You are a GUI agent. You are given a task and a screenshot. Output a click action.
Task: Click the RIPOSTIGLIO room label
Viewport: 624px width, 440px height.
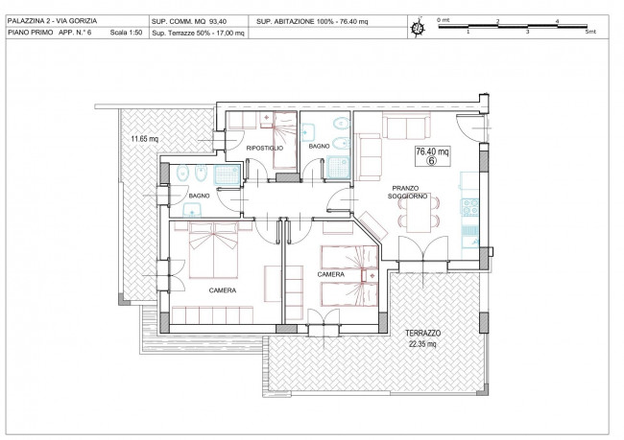pos(265,149)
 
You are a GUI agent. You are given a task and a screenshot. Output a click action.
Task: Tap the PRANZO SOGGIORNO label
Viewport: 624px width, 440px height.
pos(407,192)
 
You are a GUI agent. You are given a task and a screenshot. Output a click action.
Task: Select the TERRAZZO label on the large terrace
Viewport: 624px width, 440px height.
pos(422,333)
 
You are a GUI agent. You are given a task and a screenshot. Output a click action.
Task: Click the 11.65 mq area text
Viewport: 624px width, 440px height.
pos(144,139)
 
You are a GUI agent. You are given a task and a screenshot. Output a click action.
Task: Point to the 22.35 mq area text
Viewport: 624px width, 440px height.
pos(422,344)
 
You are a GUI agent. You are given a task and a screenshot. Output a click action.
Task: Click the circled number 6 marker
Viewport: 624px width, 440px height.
pos(431,160)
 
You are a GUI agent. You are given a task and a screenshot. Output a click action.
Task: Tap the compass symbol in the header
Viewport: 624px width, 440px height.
pos(418,27)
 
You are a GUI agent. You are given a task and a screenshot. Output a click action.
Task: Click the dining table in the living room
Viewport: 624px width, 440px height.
pos(419,215)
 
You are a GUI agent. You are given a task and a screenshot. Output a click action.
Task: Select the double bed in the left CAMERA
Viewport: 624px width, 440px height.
pos(214,250)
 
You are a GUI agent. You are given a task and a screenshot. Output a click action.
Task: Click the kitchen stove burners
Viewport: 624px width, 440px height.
pos(469,207)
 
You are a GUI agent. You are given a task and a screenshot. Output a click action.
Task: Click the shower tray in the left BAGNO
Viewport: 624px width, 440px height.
pos(228,174)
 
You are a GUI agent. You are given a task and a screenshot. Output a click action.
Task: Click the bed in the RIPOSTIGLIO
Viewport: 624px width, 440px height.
pos(285,140)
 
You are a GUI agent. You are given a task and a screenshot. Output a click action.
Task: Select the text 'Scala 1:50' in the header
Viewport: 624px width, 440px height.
pos(126,33)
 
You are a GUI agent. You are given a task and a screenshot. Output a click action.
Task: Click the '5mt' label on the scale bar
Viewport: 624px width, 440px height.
pos(590,32)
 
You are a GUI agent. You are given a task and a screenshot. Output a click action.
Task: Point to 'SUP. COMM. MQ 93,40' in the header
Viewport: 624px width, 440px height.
pos(194,21)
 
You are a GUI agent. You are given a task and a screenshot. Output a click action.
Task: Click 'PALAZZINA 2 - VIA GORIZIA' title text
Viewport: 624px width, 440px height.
pos(52,21)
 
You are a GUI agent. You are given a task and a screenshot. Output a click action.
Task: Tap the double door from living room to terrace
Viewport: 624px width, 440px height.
pos(423,249)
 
